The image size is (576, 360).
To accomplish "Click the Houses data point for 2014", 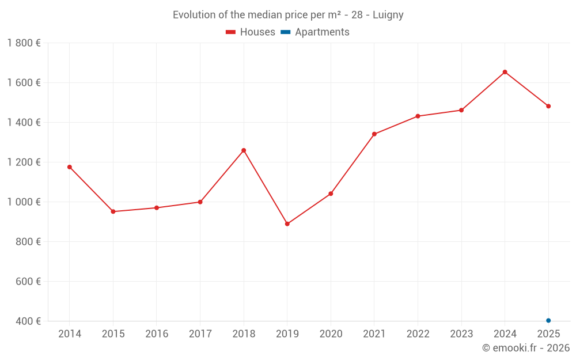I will tap(70, 167).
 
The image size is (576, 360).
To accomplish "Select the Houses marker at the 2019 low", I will tap(287, 224).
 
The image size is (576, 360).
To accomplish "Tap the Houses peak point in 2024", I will tap(505, 72).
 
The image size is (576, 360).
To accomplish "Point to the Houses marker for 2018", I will tap(244, 150).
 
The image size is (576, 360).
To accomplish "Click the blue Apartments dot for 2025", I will tap(548, 320).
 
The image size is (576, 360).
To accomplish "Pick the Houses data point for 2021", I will tap(374, 134).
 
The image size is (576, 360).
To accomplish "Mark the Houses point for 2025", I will tap(548, 106).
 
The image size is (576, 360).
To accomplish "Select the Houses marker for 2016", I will tap(157, 207).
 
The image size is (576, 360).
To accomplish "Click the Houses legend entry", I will tap(251, 32).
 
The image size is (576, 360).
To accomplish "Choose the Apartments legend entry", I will tap(315, 32).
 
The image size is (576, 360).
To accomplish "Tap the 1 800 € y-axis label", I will tap(24, 43).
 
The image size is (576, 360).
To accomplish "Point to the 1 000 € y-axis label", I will tap(24, 202).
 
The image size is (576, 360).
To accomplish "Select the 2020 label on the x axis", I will tap(331, 334).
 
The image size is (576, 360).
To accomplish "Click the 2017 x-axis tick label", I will tap(200, 334).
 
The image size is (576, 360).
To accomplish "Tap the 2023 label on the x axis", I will tap(461, 334).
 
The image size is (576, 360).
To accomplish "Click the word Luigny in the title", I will tap(388, 15).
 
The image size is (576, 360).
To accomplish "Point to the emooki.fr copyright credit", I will tap(526, 348).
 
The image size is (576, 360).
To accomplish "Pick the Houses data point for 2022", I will tap(418, 116).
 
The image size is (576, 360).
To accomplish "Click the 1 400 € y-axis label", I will tap(24, 123).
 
